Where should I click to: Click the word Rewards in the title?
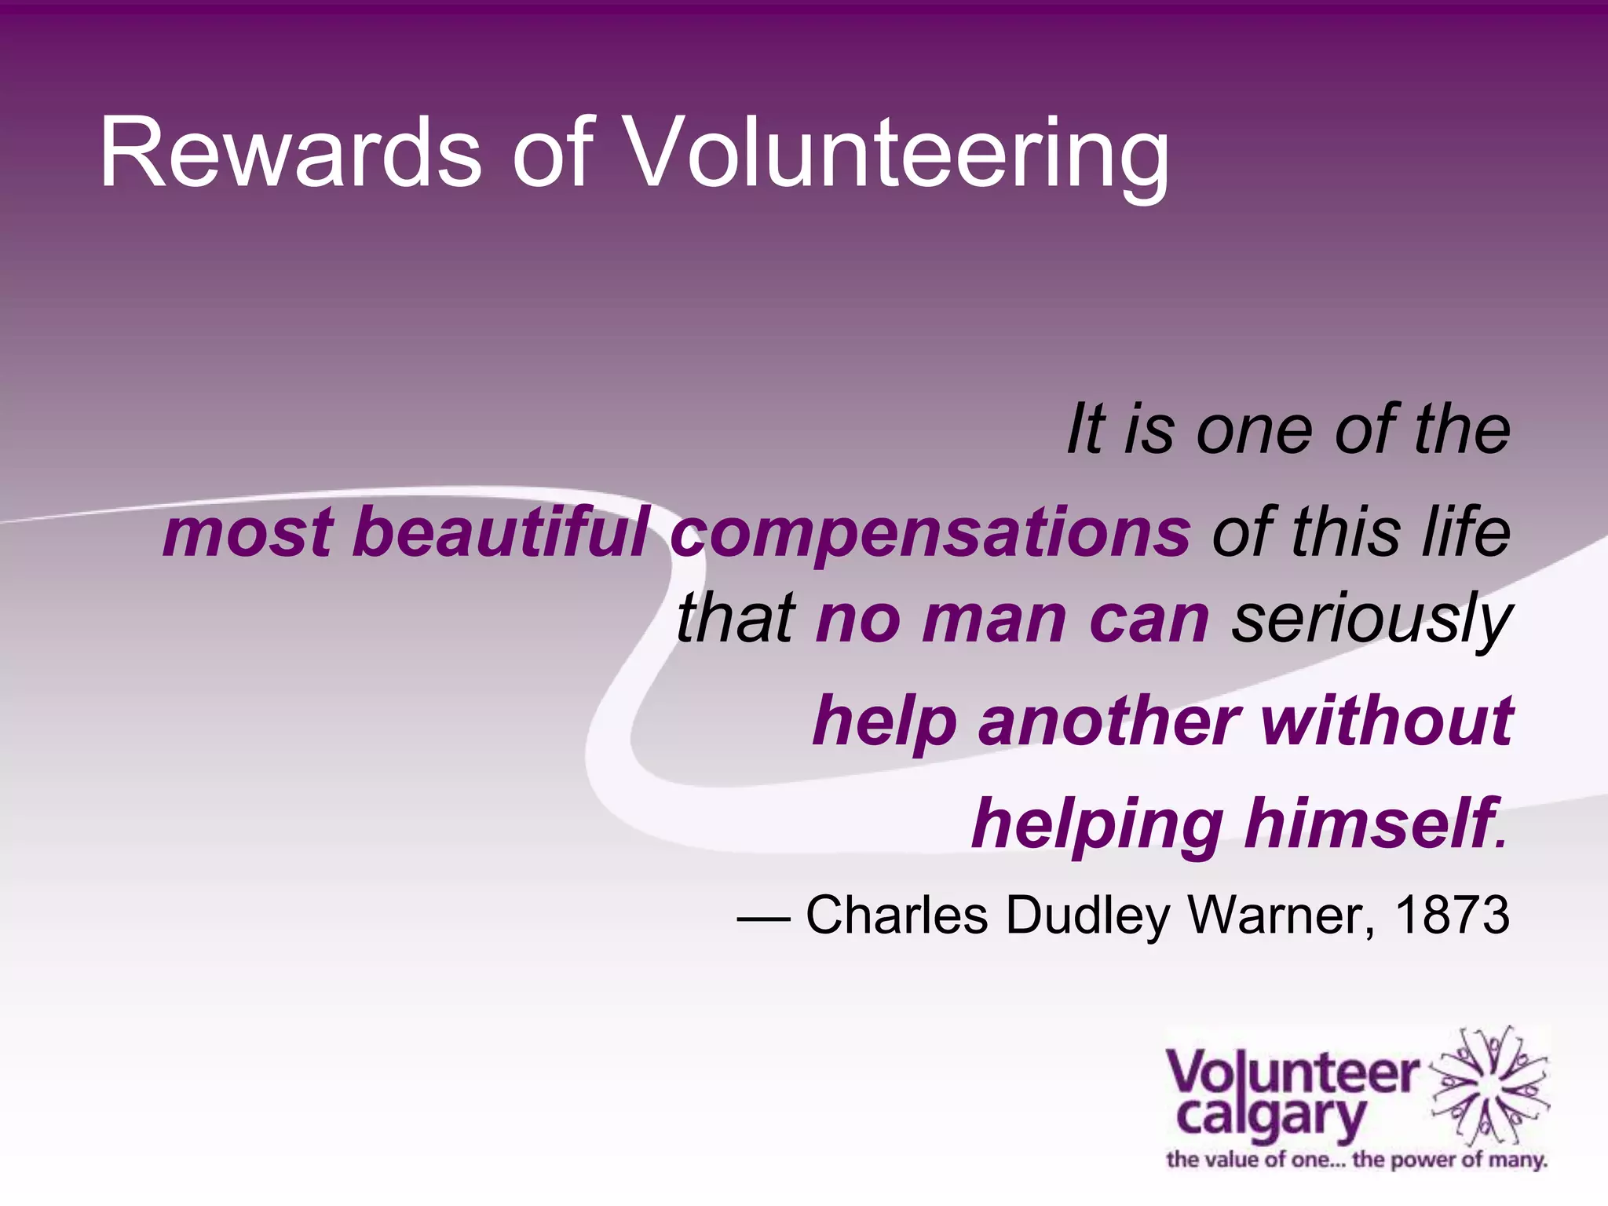pos(290,152)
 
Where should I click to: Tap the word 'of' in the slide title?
pos(552,152)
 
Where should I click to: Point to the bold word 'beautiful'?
pos(501,533)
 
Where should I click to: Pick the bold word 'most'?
pos(247,533)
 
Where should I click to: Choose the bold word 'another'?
pos(1109,722)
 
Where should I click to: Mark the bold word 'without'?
pos(1387,720)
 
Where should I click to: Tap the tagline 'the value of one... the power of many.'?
pos(1356,1160)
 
